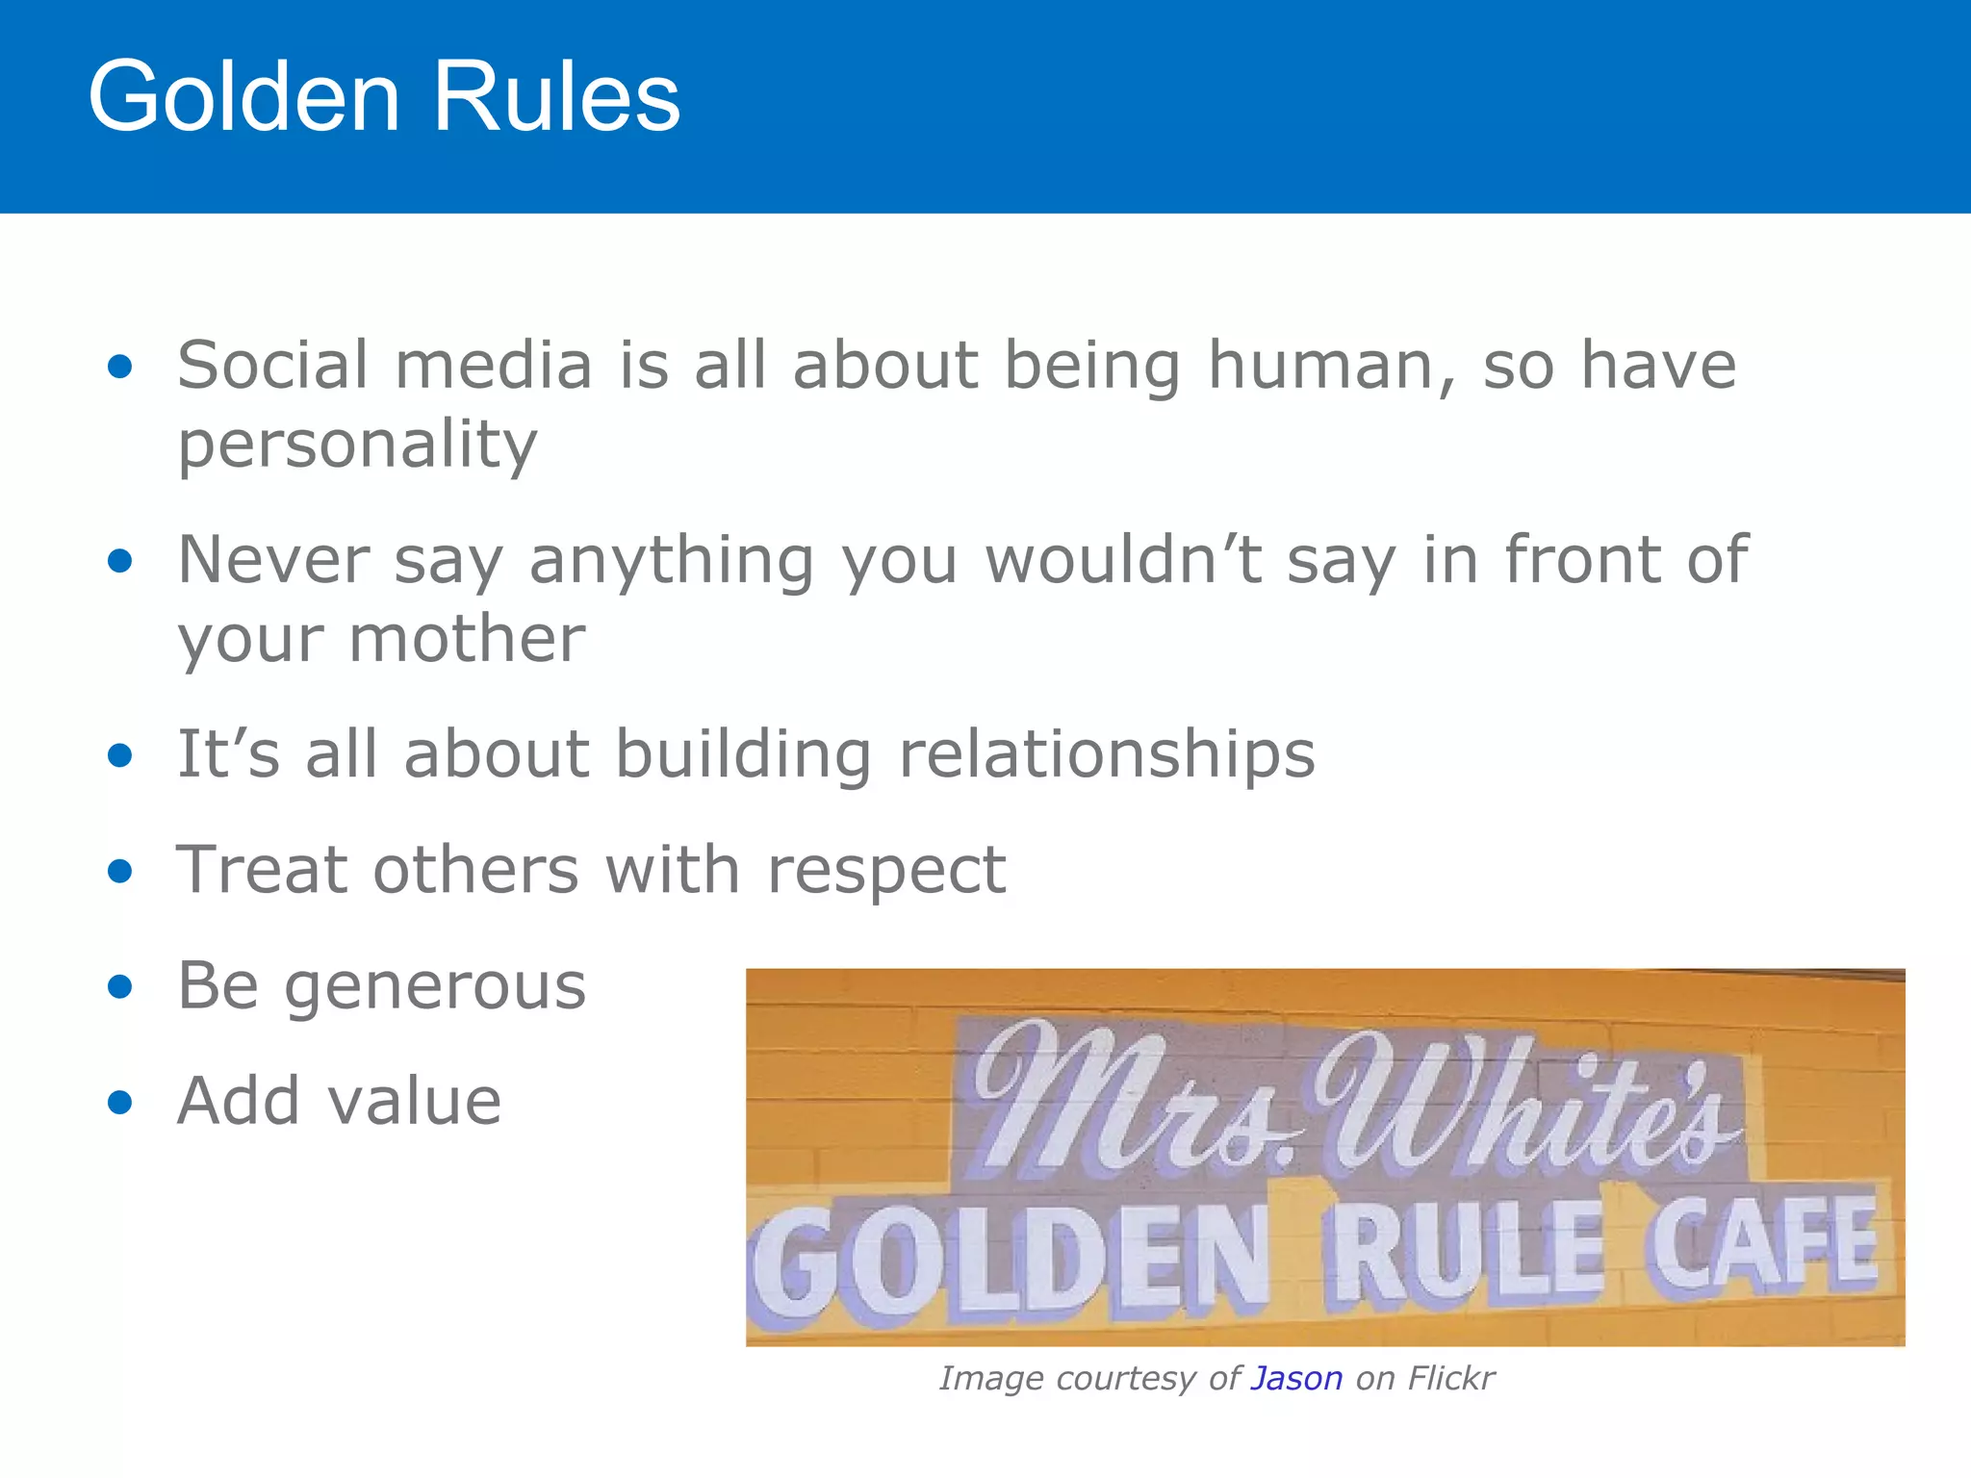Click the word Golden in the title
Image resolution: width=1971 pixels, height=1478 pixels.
[243, 96]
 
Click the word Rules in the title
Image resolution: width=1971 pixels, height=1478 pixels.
[556, 96]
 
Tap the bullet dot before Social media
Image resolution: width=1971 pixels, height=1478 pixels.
[119, 366]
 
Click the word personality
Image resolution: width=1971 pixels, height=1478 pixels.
[357, 445]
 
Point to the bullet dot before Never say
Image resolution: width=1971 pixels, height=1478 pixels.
[119, 560]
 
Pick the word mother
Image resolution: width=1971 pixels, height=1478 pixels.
[467, 639]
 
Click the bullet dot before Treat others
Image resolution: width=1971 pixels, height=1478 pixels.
[119, 871]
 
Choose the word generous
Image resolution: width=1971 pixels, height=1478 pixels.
[434, 987]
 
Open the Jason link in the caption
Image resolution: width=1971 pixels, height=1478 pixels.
[1295, 1378]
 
